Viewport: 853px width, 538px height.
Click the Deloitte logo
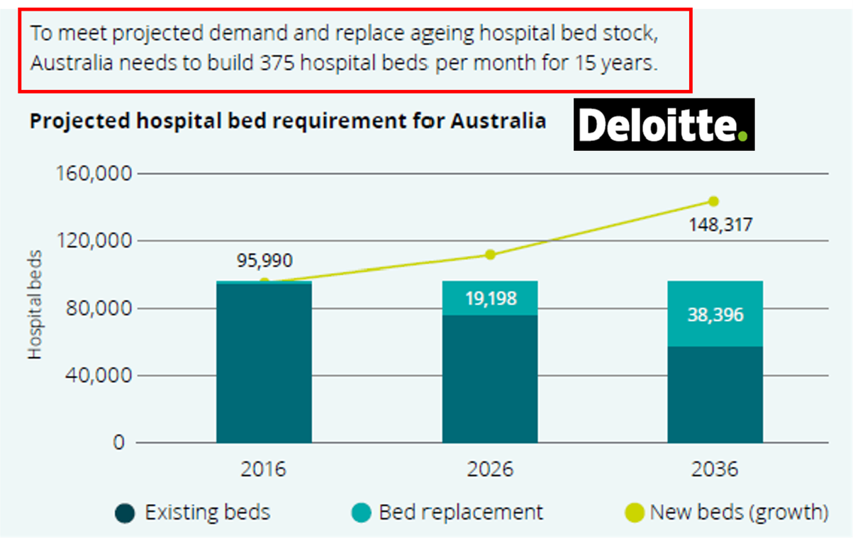664,125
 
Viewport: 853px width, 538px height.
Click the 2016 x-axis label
264,469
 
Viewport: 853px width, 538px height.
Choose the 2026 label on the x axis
489,469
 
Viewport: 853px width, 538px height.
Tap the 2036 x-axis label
714,469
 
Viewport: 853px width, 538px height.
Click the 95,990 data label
264,260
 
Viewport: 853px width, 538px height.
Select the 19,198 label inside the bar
490,298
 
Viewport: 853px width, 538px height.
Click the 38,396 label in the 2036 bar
715,314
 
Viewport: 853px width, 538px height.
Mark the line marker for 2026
490,254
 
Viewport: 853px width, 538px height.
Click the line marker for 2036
713,201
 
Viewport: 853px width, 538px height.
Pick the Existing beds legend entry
193,512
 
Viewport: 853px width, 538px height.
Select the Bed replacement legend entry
447,512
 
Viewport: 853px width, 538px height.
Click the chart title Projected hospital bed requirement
287,121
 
